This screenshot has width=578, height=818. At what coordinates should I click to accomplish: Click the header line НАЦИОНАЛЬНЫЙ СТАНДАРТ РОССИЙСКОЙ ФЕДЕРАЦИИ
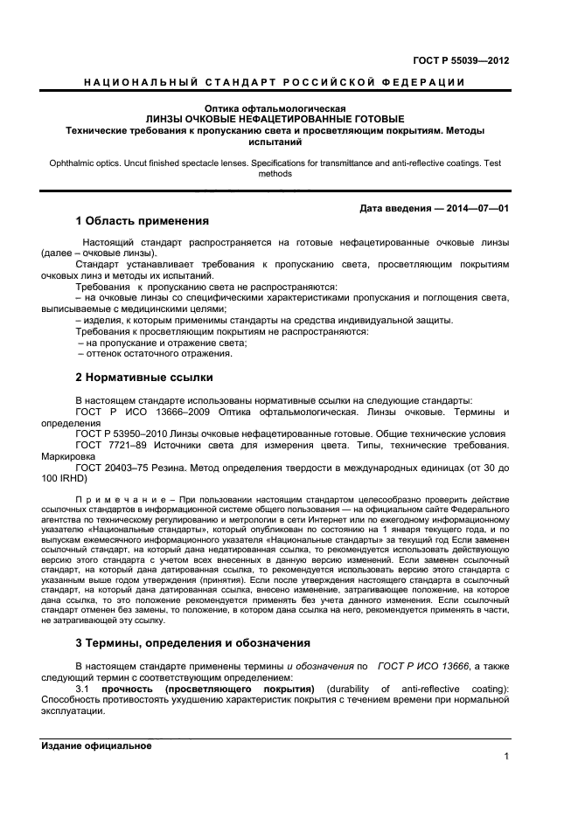click(274, 82)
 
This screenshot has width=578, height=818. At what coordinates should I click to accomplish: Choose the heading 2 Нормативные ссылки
click(144, 378)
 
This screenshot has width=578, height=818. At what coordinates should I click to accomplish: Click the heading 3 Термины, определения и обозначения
click(193, 643)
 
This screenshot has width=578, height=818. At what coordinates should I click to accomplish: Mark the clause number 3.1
click(83, 689)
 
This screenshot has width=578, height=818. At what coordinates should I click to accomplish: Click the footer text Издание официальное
click(96, 746)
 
